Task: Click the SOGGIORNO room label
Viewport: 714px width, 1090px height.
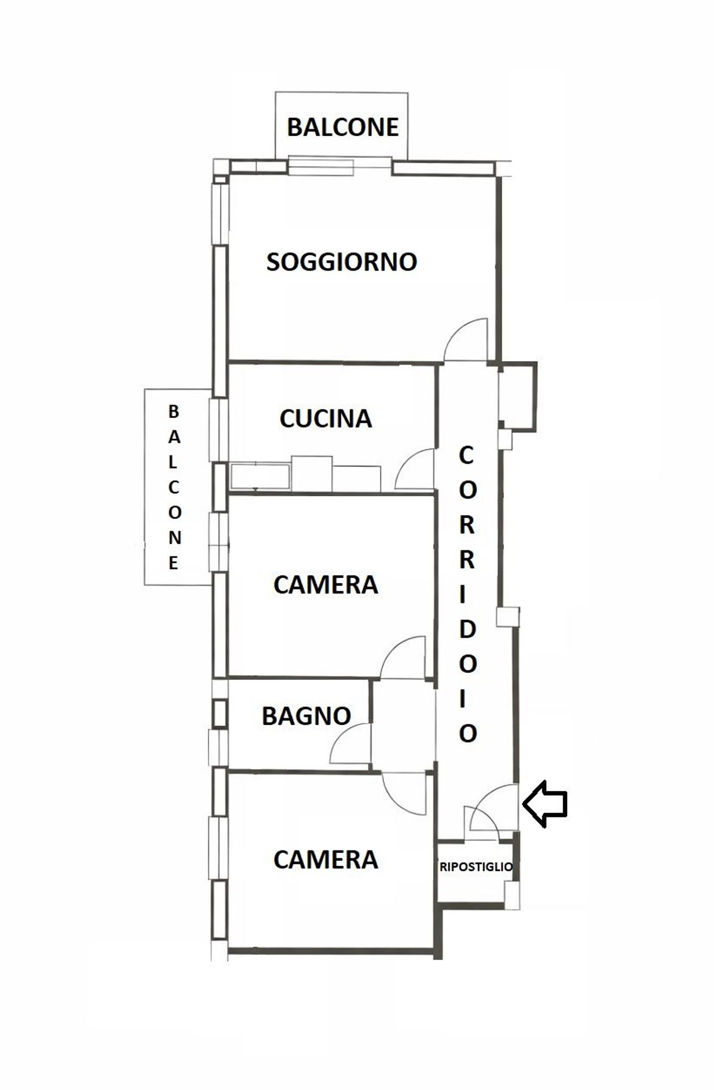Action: coord(341,262)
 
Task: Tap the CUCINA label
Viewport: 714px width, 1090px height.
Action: coord(326,419)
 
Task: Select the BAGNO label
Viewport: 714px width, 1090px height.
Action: coord(307,716)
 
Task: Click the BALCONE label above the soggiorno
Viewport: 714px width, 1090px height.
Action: coord(343,127)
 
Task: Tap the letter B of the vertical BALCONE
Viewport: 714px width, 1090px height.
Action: coord(174,412)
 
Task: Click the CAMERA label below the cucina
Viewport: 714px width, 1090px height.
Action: coord(326,585)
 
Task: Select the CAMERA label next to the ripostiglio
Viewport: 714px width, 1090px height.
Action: coord(326,860)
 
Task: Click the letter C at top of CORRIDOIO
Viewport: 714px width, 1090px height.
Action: coord(466,456)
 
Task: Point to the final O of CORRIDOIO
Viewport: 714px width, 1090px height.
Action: coord(467,734)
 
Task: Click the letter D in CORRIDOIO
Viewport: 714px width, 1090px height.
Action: coord(467,630)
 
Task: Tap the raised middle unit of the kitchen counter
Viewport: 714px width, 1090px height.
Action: coord(312,473)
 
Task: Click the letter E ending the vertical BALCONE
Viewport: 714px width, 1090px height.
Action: coord(174,563)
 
